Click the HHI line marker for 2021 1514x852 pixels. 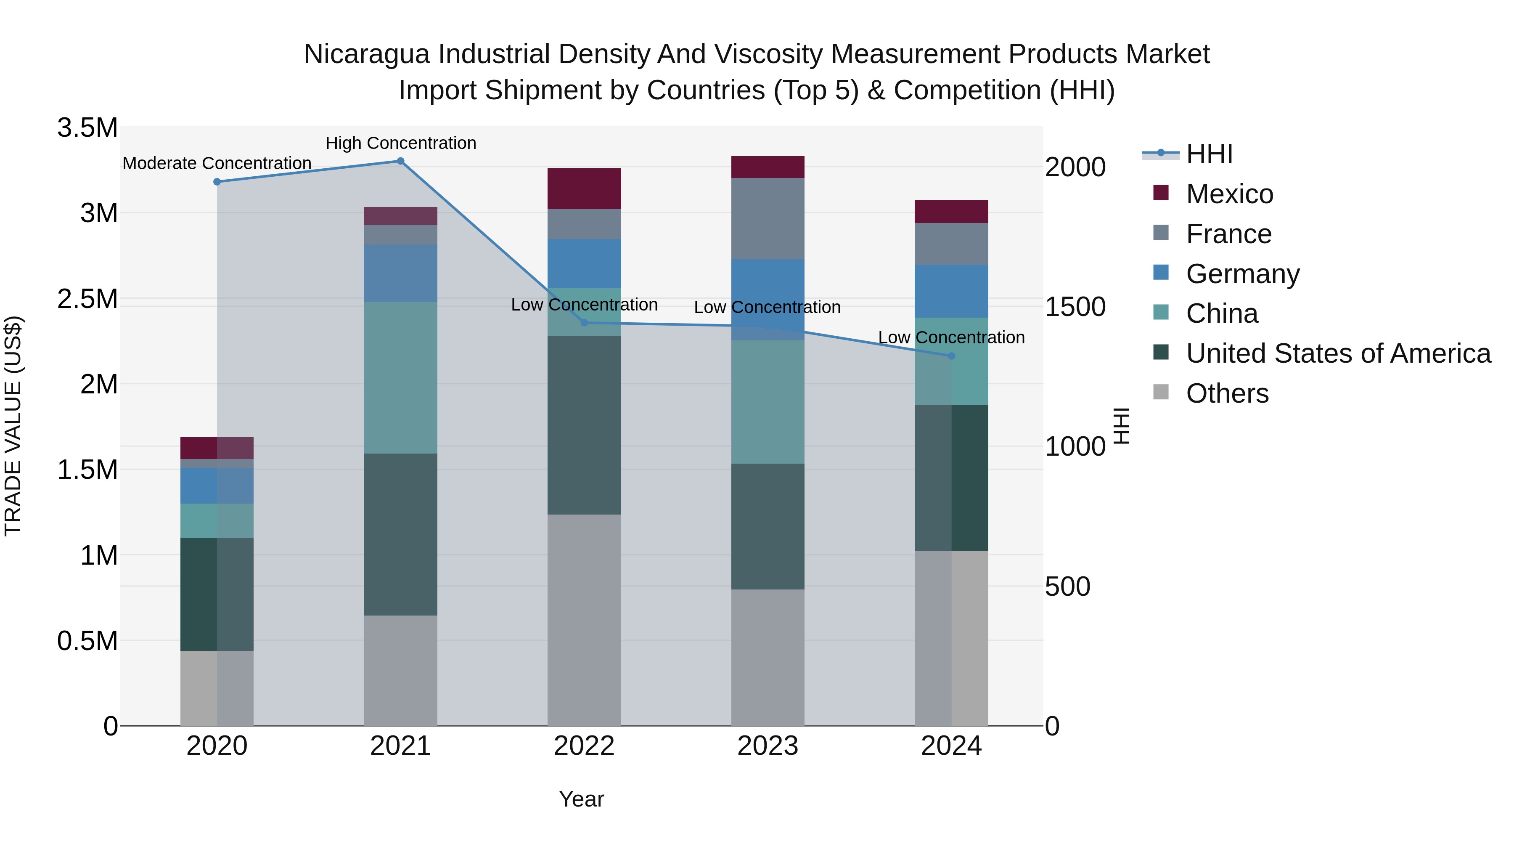[x=400, y=161]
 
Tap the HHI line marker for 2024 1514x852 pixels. [x=952, y=356]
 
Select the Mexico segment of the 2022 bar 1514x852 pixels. [x=584, y=189]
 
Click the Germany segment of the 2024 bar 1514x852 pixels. [x=952, y=291]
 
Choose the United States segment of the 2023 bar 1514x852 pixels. [x=768, y=526]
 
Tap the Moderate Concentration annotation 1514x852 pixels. [x=217, y=164]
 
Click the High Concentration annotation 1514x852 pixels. [x=401, y=143]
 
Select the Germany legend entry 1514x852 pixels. [x=1242, y=274]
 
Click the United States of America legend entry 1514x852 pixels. [x=1338, y=353]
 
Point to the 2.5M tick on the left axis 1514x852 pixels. [x=87, y=299]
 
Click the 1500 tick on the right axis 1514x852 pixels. [x=1075, y=307]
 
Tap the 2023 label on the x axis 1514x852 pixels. [x=768, y=746]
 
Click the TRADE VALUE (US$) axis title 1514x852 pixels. [x=13, y=426]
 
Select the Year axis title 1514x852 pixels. [x=581, y=799]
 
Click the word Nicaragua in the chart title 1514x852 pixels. [x=366, y=54]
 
